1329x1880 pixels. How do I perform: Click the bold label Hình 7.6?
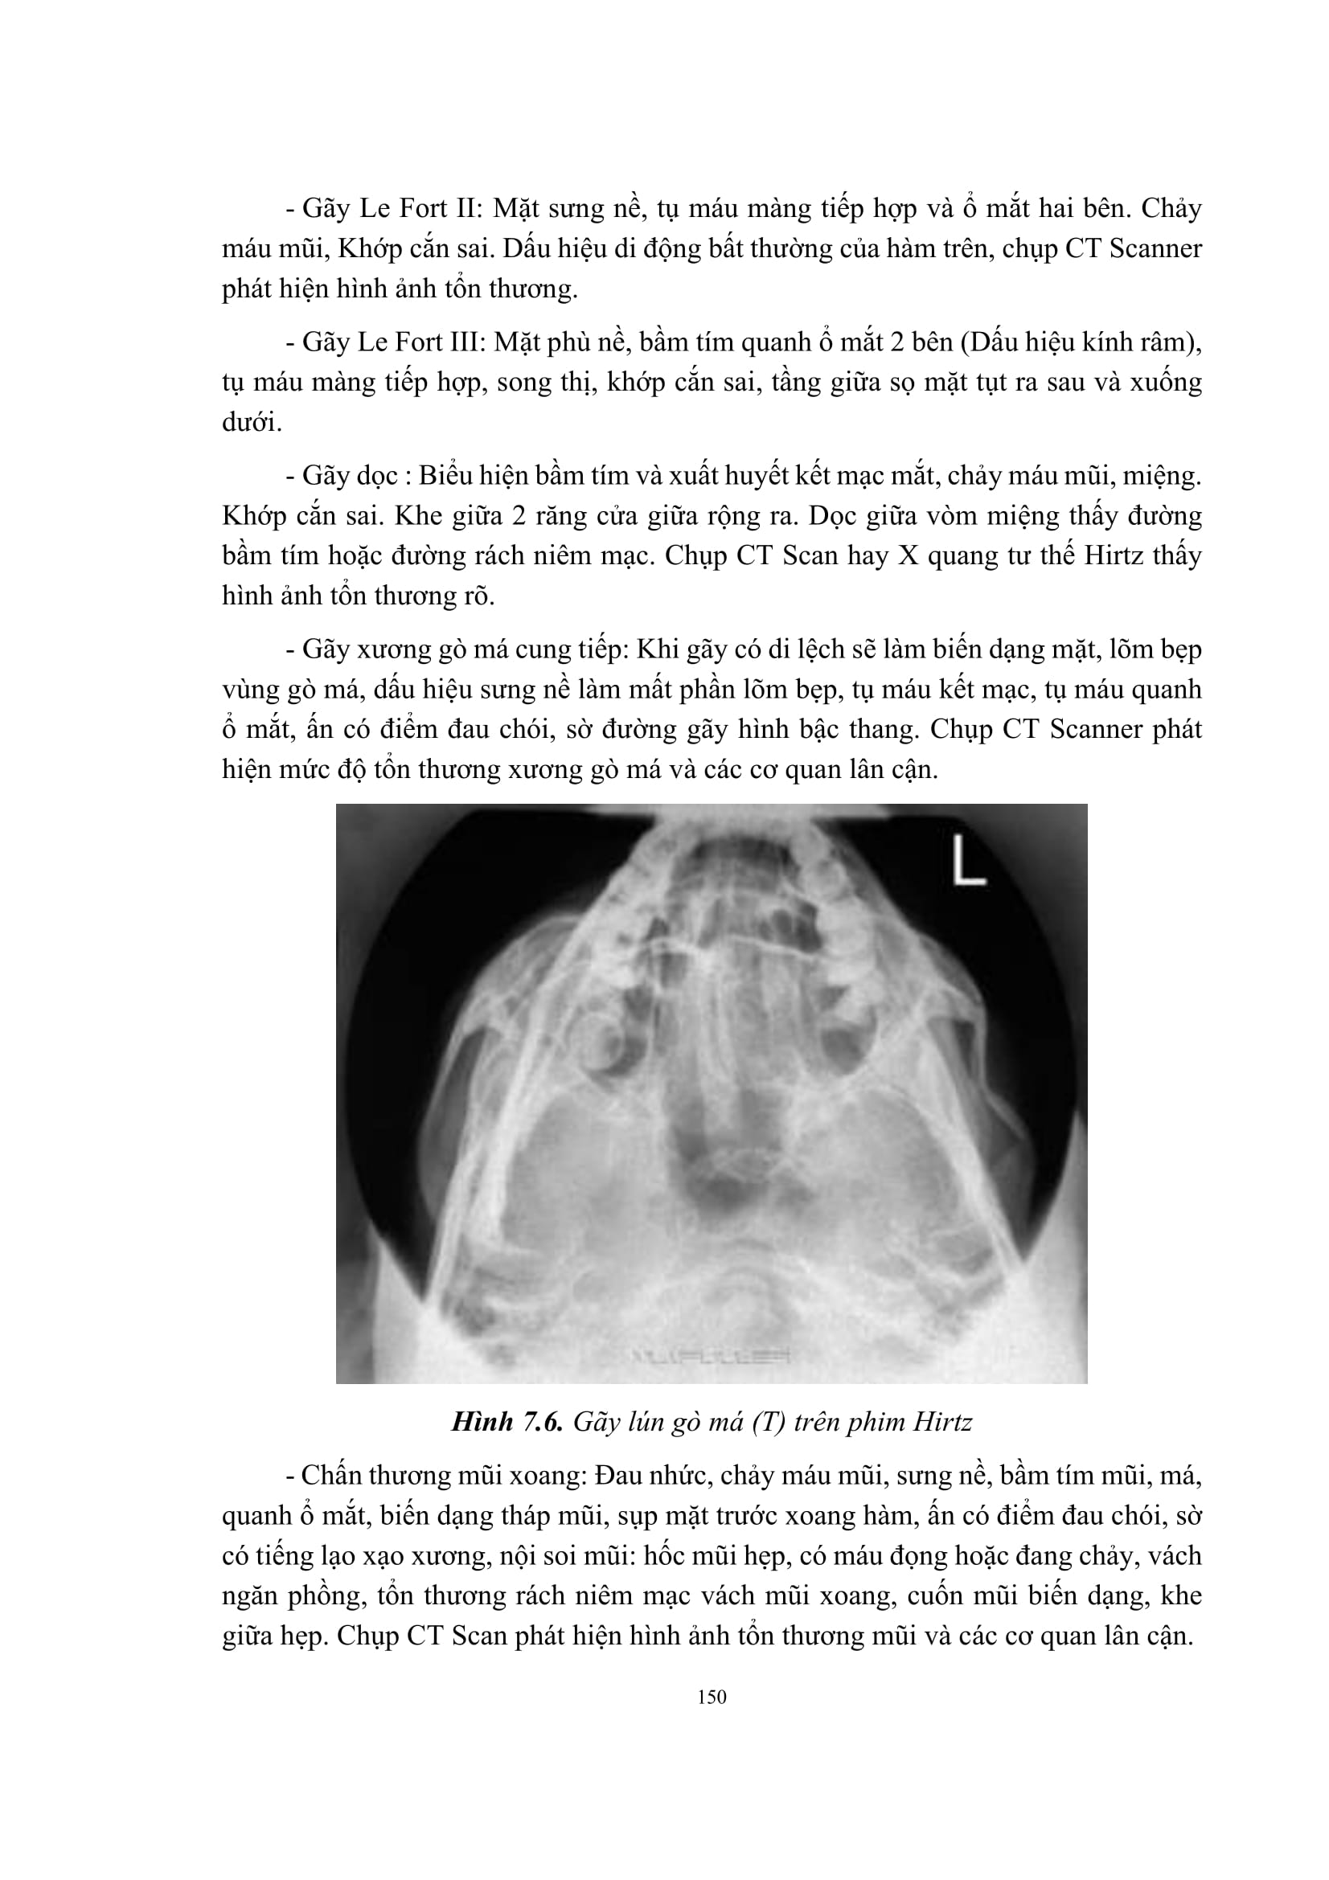[506, 1423]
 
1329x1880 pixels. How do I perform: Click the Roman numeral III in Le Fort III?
[463, 342]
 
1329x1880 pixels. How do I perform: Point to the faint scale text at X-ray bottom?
[710, 1356]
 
